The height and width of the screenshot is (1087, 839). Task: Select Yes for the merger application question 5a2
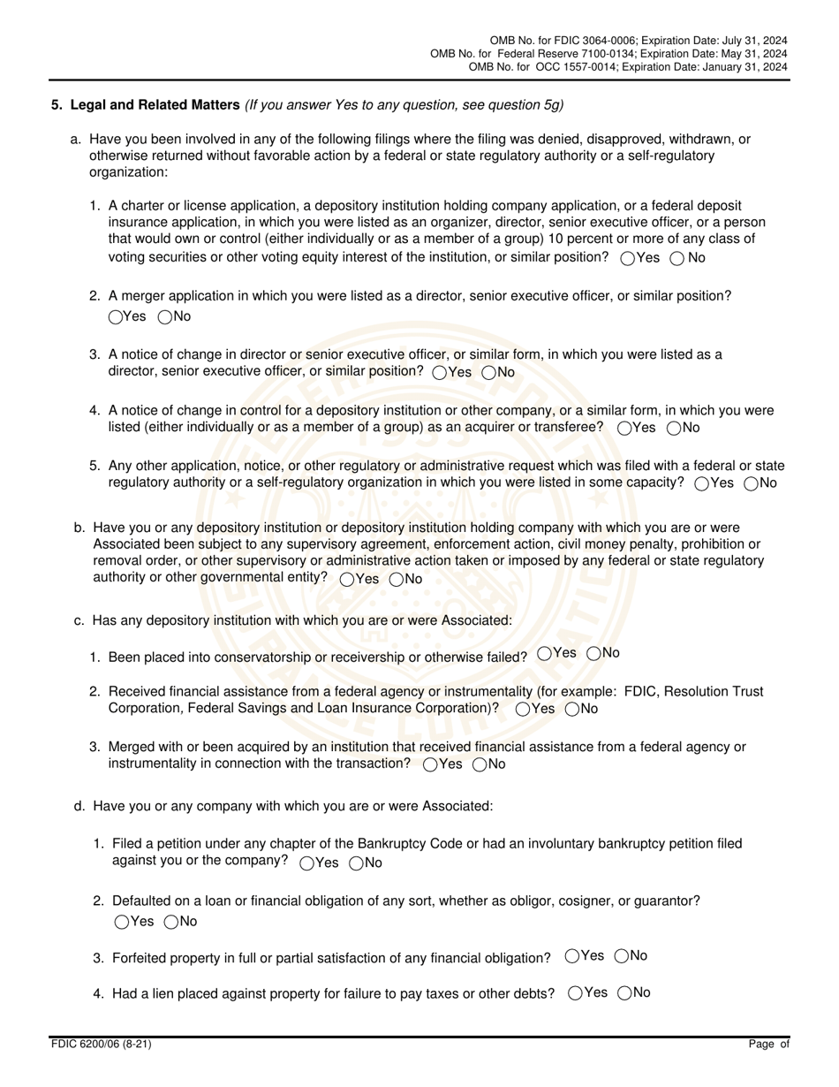116,317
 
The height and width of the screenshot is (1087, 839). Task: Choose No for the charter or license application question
677,259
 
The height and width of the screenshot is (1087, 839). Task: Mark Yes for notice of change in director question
439,373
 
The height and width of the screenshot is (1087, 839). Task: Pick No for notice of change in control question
674,429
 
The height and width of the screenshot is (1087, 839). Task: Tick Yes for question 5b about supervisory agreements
347,580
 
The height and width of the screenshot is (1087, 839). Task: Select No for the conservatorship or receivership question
595,653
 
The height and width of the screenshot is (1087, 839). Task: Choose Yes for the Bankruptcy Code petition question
306,863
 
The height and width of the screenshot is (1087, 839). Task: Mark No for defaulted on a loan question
171,923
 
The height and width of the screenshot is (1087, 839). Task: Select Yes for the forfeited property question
572,955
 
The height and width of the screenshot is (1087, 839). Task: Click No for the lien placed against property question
624,992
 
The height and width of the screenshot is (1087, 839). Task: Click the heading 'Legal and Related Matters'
155,105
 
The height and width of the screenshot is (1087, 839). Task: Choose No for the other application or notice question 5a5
752,483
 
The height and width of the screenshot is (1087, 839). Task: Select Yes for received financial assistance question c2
523,709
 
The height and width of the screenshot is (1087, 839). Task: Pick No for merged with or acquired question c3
480,764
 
